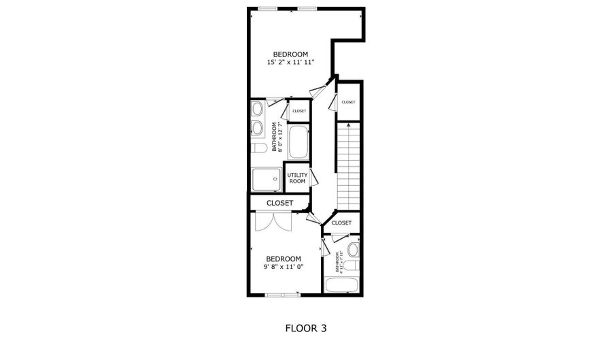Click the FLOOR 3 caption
click(x=305, y=328)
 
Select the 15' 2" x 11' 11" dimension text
click(x=290, y=63)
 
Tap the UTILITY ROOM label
click(x=297, y=178)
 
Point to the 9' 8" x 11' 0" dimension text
click(x=283, y=267)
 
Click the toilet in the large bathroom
click(x=258, y=148)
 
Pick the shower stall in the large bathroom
click(x=265, y=180)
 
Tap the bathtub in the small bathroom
click(x=342, y=285)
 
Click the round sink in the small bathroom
click(x=352, y=248)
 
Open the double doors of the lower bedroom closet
click(x=273, y=222)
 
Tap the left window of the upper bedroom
click(x=268, y=9)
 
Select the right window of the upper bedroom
click(x=307, y=9)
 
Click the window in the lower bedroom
click(x=282, y=295)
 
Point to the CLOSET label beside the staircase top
click(x=348, y=102)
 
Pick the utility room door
click(x=314, y=178)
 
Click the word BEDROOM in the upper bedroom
click(x=290, y=54)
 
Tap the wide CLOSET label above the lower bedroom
click(x=279, y=203)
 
